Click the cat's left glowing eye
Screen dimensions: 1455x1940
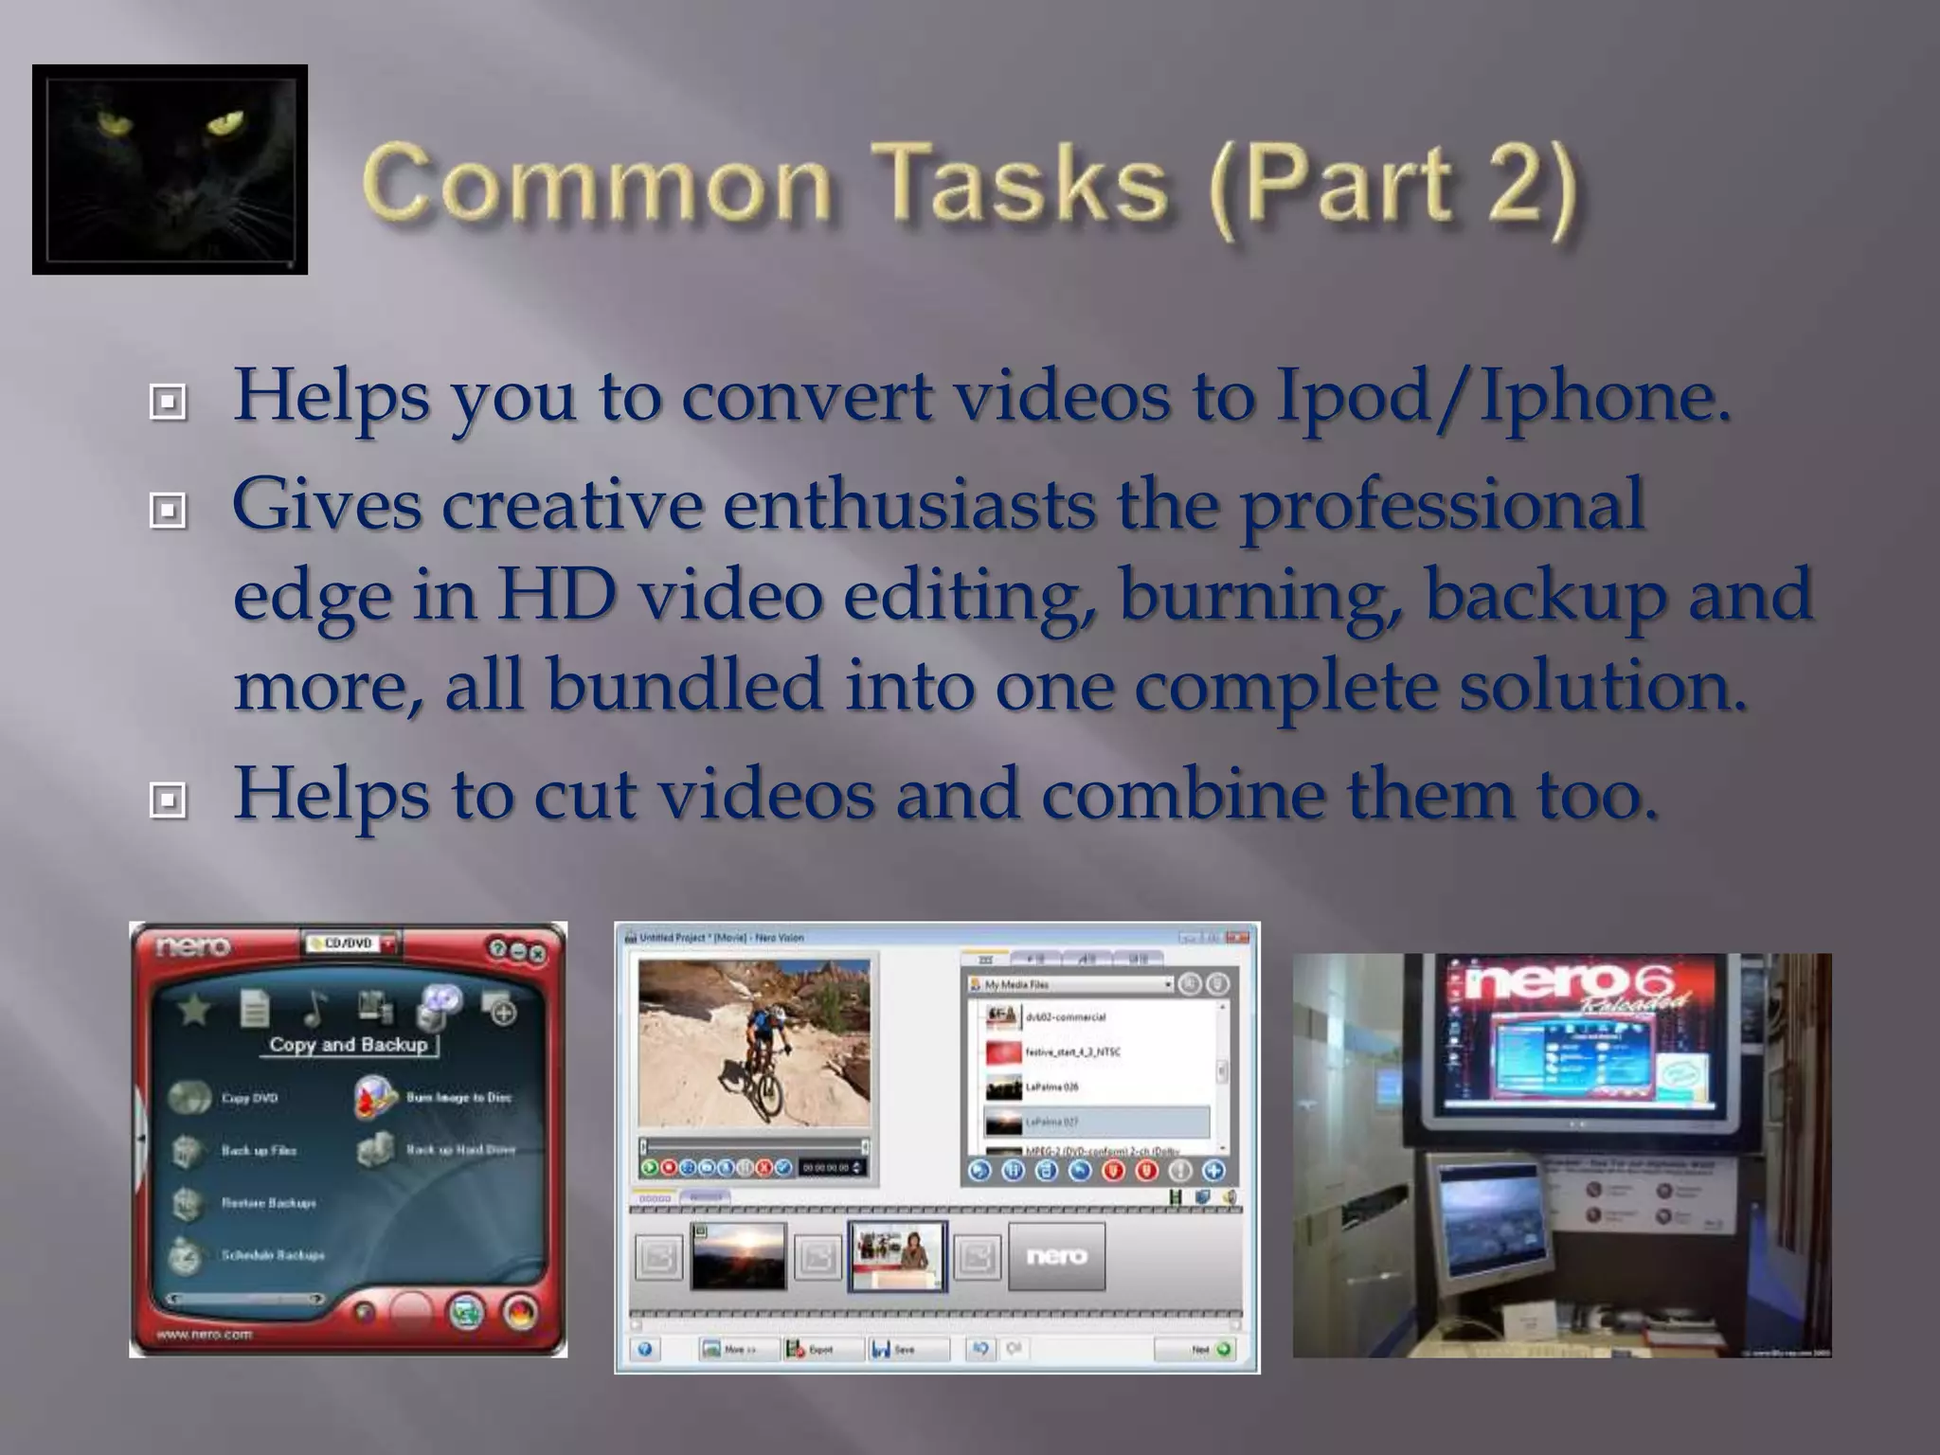click(111, 123)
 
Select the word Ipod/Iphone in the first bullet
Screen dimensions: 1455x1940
click(1501, 396)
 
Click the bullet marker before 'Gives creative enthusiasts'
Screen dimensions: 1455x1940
click(168, 512)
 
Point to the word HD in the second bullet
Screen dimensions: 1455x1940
click(557, 596)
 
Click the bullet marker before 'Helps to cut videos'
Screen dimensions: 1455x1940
click(168, 801)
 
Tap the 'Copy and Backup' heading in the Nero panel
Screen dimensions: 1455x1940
click(349, 1045)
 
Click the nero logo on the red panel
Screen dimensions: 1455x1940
click(193, 946)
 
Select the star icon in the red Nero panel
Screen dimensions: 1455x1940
click(194, 1010)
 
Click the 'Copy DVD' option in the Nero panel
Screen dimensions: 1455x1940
click(248, 1098)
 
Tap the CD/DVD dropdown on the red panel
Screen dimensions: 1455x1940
click(350, 943)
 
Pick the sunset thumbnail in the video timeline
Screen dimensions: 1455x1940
click(738, 1256)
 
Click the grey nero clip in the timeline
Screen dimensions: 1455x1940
click(1056, 1256)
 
